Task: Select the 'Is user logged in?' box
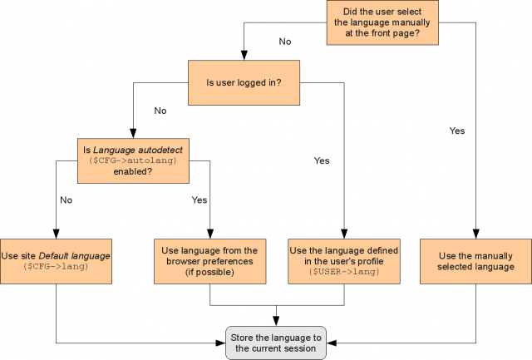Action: coord(243,82)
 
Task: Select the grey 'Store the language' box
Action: coord(277,341)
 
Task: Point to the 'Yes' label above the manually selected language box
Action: coord(456,131)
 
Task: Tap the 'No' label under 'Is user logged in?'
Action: coord(161,110)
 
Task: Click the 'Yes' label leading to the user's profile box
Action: coord(322,160)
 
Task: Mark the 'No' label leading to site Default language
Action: coord(66,200)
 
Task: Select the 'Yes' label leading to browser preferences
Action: coord(199,200)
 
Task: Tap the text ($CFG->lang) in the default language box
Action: coord(56,267)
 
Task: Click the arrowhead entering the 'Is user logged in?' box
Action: coord(243,55)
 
